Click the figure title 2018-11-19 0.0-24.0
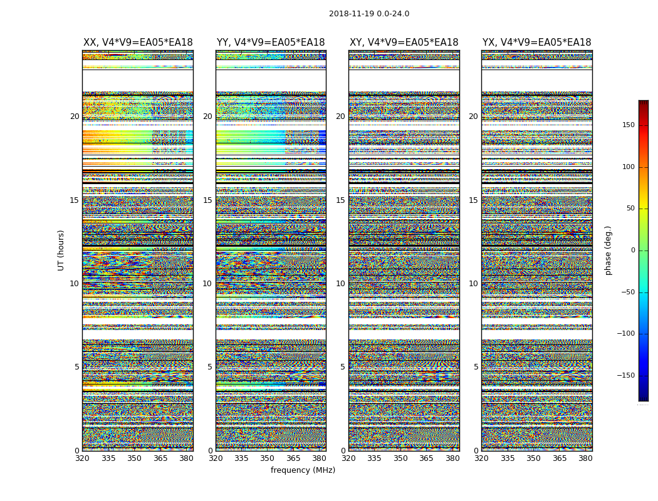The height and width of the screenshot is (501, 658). (369, 14)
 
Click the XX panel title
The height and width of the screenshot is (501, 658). (138, 43)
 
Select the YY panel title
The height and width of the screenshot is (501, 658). (271, 43)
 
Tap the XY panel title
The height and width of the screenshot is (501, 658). (404, 43)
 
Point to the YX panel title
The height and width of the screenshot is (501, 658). (536, 43)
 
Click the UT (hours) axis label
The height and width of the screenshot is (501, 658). (61, 250)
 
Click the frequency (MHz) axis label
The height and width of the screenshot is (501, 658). (303, 470)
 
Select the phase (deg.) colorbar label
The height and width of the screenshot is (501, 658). (608, 250)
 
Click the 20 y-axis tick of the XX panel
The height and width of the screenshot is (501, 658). (75, 116)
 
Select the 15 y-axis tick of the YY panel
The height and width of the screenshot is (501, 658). (207, 200)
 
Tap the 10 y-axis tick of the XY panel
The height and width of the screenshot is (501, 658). (340, 284)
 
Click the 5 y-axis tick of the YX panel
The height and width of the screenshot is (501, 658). (476, 367)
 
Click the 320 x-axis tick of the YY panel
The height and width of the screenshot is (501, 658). (216, 458)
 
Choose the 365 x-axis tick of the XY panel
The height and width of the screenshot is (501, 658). (426, 458)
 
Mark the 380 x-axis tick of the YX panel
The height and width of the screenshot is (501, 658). (585, 458)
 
